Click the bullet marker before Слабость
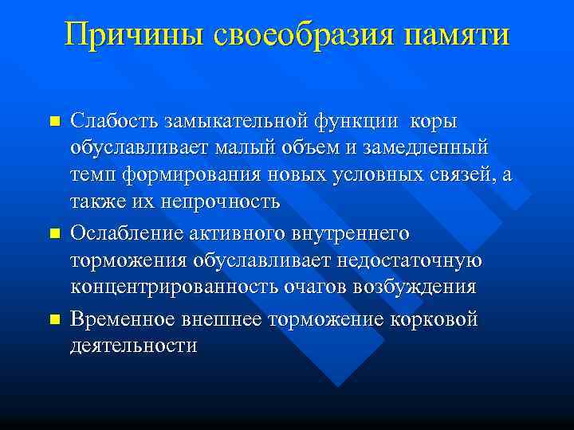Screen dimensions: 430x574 pyautogui.click(x=54, y=121)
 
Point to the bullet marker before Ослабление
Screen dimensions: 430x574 pyautogui.click(x=54, y=234)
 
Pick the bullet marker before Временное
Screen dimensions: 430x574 pyautogui.click(x=54, y=319)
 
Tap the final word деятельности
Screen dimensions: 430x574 pyautogui.click(x=133, y=346)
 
